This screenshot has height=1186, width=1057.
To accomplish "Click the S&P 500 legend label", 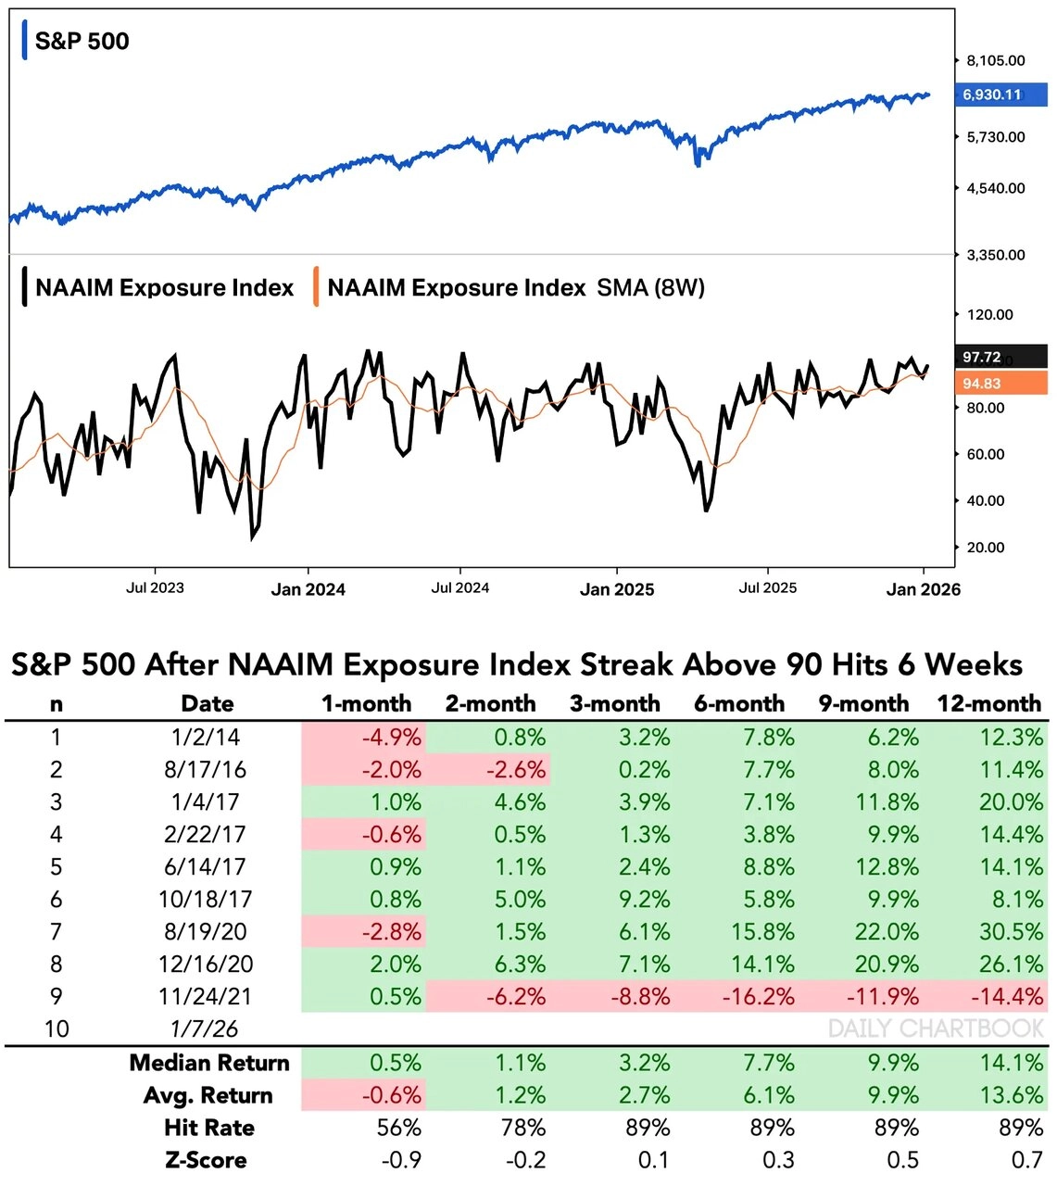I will tap(82, 41).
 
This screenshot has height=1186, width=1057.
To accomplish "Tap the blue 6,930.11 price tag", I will tap(991, 95).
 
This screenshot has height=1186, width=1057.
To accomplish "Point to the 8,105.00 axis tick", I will tap(995, 61).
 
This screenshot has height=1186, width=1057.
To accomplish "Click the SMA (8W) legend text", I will tap(650, 288).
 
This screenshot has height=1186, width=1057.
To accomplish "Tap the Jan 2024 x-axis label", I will tap(308, 589).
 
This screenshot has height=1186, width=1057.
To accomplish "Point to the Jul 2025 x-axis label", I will tap(767, 587).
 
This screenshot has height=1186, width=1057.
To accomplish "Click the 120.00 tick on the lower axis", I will tap(989, 315).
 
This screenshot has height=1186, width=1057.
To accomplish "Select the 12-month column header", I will tap(988, 704).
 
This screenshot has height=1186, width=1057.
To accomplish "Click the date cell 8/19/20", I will tap(206, 931).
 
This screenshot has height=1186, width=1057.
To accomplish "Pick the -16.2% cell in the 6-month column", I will tap(762, 997).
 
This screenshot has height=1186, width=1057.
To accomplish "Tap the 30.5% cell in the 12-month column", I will tap(1011, 931).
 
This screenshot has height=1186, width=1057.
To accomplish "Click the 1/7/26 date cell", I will tap(206, 1028).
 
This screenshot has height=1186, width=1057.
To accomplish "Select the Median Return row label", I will tap(209, 1063).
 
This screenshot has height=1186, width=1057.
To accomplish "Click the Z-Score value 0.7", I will tap(1026, 1160).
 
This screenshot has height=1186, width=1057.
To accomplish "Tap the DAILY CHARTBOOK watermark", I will tap(936, 1028).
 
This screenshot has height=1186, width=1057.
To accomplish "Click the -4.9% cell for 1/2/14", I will tap(392, 738).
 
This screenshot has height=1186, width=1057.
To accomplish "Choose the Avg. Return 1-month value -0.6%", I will tap(392, 1095).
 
